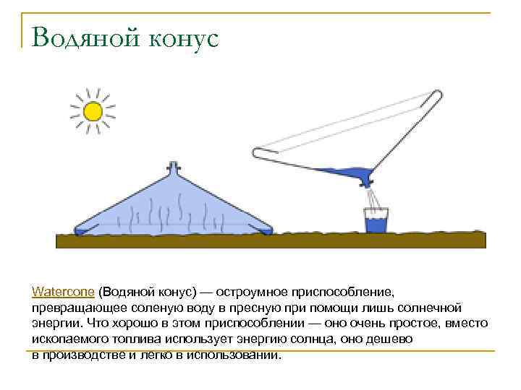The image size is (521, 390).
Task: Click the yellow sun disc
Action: click(x=92, y=111)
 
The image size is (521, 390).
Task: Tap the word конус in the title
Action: click(x=184, y=38)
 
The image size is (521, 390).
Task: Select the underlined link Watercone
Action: click(x=63, y=292)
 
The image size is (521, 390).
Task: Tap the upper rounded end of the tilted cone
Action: click(x=436, y=96)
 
